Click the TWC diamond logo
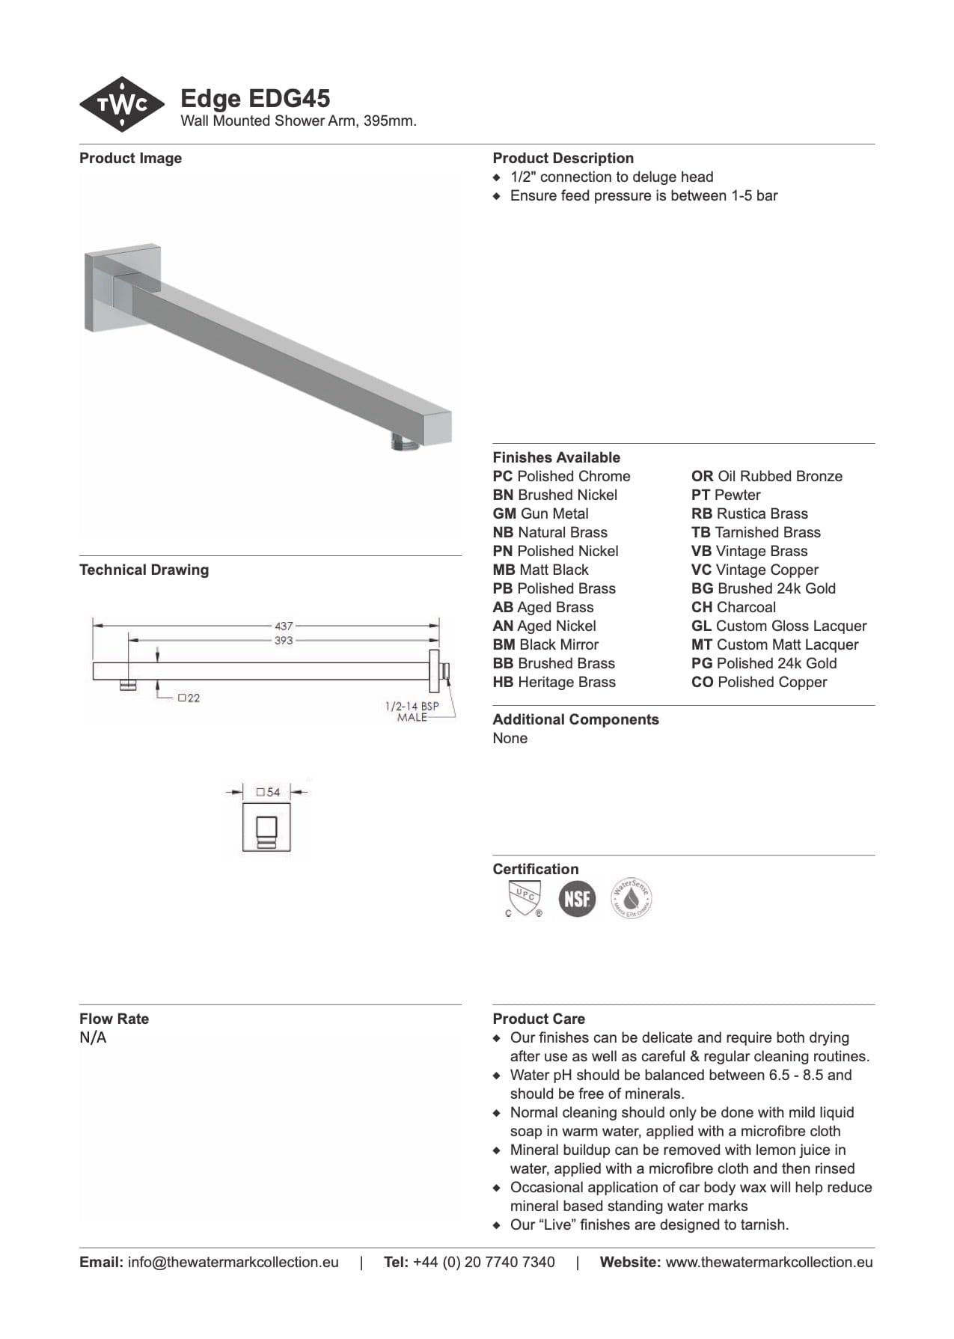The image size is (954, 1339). (x=122, y=105)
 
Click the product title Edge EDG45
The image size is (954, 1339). (x=255, y=99)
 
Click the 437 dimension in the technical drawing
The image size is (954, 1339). (x=284, y=626)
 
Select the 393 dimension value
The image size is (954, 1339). (x=284, y=641)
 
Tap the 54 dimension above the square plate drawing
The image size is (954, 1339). (x=268, y=792)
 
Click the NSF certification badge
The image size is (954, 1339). (x=577, y=898)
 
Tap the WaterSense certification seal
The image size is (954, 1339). (x=632, y=898)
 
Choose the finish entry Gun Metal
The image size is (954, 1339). (x=540, y=513)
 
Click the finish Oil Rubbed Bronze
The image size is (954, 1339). (x=766, y=476)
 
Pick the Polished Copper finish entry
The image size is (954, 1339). (x=759, y=682)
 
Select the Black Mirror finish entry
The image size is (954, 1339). (x=545, y=644)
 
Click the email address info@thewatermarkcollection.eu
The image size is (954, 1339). (x=233, y=1262)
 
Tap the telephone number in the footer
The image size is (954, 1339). (x=483, y=1262)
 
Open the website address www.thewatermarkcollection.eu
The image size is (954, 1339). (x=768, y=1262)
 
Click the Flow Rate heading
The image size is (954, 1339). (x=114, y=1019)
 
